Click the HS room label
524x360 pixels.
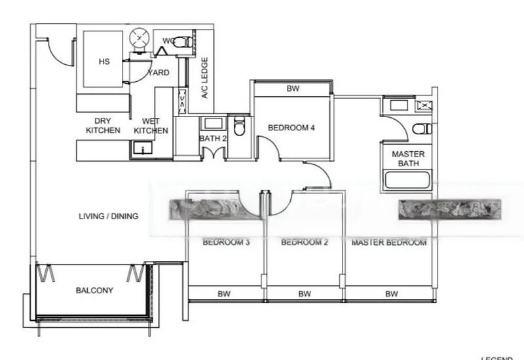tap(103, 62)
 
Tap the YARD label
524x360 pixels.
tap(159, 72)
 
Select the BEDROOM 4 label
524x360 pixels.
tap(293, 128)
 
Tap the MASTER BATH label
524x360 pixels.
tap(408, 158)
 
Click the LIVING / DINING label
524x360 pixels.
tap(108, 216)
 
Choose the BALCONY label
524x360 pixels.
tap(94, 290)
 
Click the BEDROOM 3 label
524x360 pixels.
tap(226, 242)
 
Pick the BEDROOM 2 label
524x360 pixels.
tap(304, 242)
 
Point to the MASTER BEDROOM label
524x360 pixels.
tap(389, 242)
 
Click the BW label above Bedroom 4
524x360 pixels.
tap(293, 88)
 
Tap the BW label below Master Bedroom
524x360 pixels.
tap(391, 295)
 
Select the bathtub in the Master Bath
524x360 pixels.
tap(407, 179)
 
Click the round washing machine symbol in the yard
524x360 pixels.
tap(139, 39)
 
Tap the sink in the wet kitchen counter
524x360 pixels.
tap(139, 149)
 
